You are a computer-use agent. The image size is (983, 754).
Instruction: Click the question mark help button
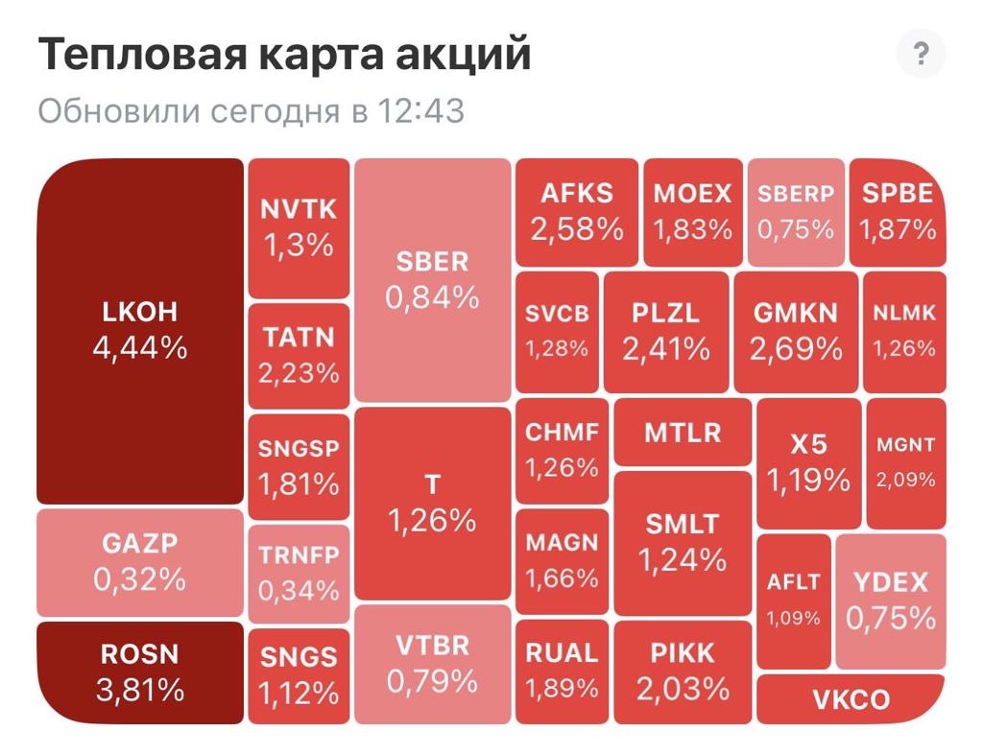click(x=921, y=55)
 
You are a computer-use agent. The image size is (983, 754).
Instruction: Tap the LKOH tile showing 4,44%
click(x=140, y=331)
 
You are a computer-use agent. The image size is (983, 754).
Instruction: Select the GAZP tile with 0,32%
click(x=140, y=563)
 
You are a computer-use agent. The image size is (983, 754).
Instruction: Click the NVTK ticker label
click(x=299, y=209)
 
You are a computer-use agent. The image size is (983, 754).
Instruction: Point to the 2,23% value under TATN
click(x=299, y=372)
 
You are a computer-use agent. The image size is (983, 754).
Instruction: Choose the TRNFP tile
click(x=299, y=574)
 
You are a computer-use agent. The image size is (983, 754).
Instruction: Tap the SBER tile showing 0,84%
click(x=432, y=280)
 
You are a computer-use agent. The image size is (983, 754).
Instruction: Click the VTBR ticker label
click(x=432, y=646)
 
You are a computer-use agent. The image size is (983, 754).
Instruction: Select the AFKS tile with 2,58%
click(x=576, y=212)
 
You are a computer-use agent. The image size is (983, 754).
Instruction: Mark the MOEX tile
click(x=692, y=212)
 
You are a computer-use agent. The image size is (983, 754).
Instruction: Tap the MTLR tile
click(x=683, y=433)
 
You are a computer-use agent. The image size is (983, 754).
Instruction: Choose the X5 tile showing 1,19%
click(x=808, y=463)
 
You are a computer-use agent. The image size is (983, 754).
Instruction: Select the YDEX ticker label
click(x=891, y=582)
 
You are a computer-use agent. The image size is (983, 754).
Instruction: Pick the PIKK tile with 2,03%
click(x=683, y=672)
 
